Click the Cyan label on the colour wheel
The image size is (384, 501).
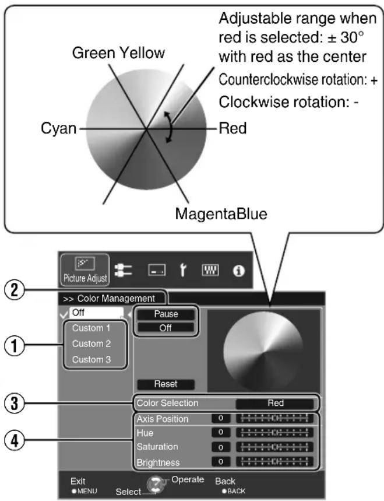click(x=59, y=128)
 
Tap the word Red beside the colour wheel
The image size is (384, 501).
click(x=232, y=128)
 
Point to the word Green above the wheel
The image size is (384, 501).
click(x=93, y=53)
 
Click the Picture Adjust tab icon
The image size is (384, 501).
click(x=85, y=269)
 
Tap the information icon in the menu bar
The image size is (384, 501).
click(x=239, y=271)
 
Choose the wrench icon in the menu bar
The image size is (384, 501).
click(x=183, y=270)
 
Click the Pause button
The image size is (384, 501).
click(x=165, y=314)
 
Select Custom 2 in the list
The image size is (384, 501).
click(x=91, y=344)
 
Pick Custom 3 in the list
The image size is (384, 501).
click(x=91, y=360)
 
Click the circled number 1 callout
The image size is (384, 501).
click(x=15, y=345)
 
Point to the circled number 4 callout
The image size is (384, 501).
click(x=15, y=441)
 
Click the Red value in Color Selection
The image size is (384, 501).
click(x=275, y=403)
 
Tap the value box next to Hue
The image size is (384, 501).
click(x=221, y=433)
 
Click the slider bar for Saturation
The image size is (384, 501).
click(x=274, y=447)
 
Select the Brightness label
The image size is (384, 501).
click(x=158, y=463)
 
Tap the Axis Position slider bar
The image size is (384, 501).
click(x=274, y=418)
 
